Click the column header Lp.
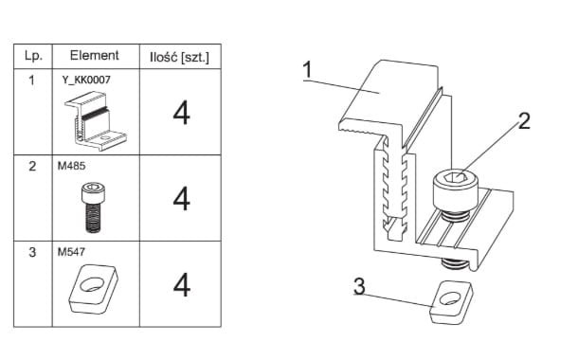(x=33, y=56)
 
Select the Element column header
(x=95, y=55)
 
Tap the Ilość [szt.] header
(x=179, y=57)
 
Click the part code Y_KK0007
(x=86, y=80)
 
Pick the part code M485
(x=71, y=166)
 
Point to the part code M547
(x=71, y=252)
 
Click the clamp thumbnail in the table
(x=96, y=121)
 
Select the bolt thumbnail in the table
(x=93, y=207)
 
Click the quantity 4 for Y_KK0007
(x=181, y=113)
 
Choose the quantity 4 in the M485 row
(x=181, y=198)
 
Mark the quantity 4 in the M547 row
(x=182, y=284)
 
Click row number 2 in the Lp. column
(x=32, y=166)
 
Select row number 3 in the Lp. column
(x=32, y=252)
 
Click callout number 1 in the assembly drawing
(x=307, y=70)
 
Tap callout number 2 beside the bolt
(x=524, y=120)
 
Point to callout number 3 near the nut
(x=359, y=286)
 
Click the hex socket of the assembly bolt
(x=456, y=178)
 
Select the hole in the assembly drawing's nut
(x=450, y=298)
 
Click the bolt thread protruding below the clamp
(x=455, y=263)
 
